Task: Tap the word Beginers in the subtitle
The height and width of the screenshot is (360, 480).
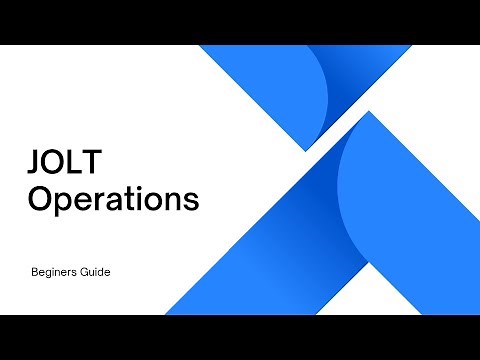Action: point(56,271)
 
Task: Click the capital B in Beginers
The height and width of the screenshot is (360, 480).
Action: point(35,271)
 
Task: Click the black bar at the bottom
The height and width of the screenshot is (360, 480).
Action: point(240,337)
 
